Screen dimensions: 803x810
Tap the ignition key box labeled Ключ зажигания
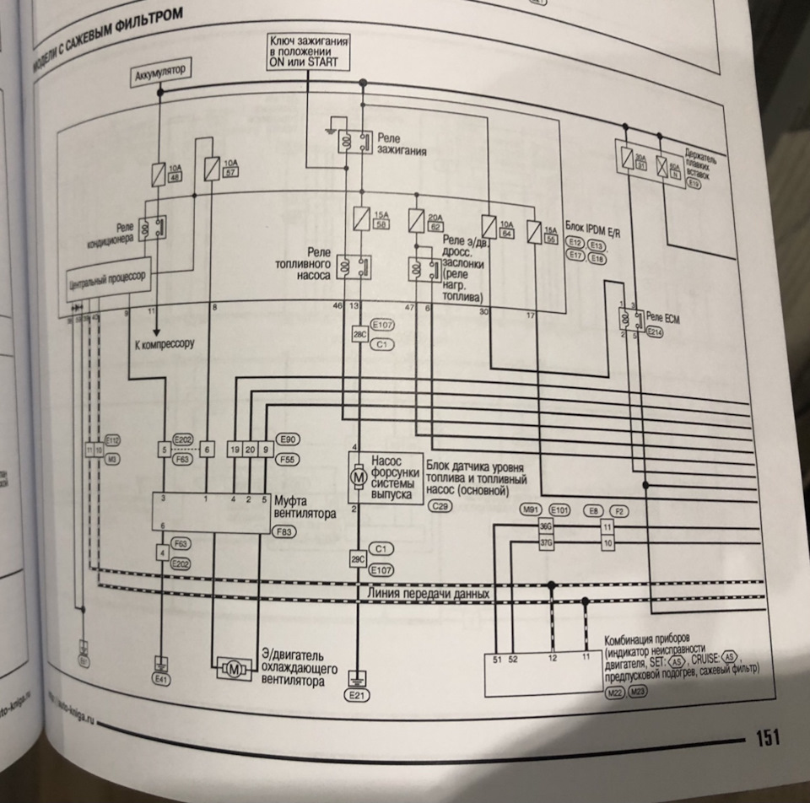[310, 53]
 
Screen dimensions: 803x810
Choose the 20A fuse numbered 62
[416, 221]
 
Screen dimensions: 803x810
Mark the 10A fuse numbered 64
[488, 226]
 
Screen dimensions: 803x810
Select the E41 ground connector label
[159, 678]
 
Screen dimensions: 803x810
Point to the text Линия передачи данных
[429, 593]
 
